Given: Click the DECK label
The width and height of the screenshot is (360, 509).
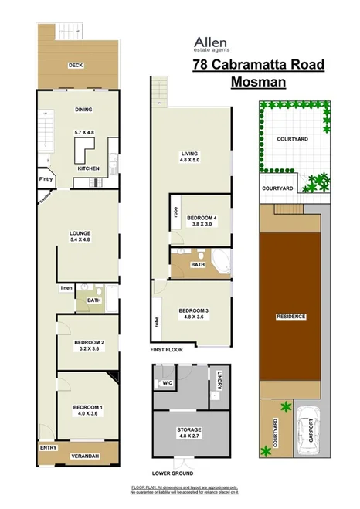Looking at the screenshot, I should tap(76, 65).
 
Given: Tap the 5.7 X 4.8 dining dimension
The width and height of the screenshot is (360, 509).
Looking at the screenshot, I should tap(83, 132).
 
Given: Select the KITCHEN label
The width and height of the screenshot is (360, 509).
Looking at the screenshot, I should tap(87, 168).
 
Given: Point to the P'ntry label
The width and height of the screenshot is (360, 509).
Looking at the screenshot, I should tap(45, 180).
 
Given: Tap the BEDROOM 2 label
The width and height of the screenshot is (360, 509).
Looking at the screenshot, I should tap(89, 341).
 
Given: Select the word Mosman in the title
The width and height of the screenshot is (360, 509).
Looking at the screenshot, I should tap(258, 80).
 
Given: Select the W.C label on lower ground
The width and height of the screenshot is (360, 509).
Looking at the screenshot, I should tap(166, 383).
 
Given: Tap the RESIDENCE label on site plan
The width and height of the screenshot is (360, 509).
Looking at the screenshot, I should tap(291, 316).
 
